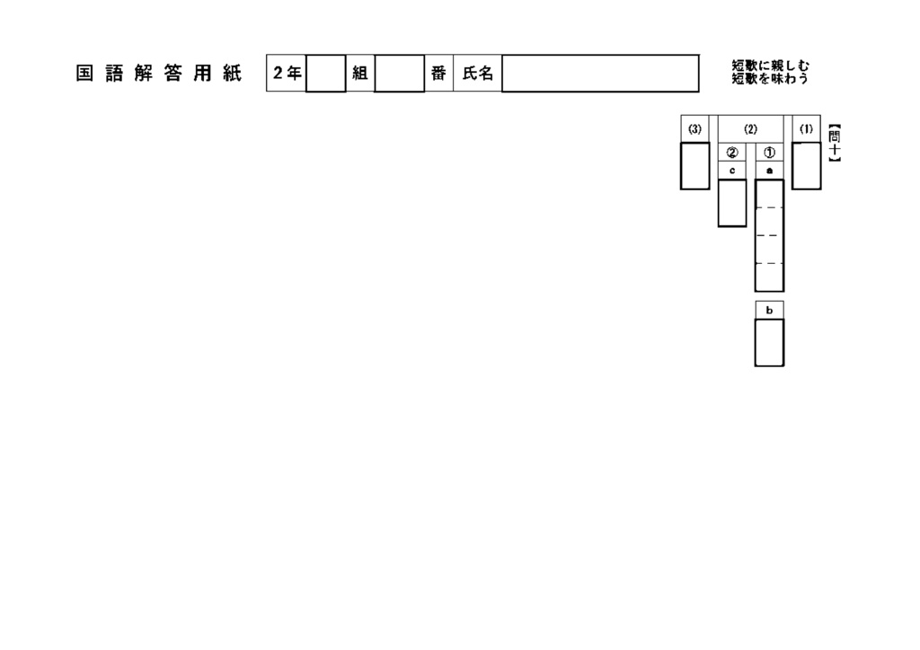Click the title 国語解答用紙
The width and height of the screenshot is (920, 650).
point(158,74)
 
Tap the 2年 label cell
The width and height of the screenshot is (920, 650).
point(287,74)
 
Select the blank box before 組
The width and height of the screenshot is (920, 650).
point(325,74)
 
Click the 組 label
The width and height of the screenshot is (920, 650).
point(359,74)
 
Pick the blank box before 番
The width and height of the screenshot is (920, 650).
point(399,74)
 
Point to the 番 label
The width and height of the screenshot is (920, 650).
point(438,74)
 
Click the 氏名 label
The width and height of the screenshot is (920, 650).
point(478,74)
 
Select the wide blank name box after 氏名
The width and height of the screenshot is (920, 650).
point(600,74)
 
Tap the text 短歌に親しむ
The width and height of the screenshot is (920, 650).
point(770,66)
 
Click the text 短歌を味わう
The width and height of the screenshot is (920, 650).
point(770,78)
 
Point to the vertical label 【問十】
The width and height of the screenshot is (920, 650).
point(835,143)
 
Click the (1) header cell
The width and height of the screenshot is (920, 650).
point(806,129)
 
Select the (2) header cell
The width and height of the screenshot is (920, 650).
point(750,129)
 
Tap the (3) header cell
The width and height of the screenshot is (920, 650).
point(694,129)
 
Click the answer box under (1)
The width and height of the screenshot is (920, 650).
point(806,166)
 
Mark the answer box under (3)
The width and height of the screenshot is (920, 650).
point(694,166)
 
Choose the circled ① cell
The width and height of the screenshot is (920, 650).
point(769,153)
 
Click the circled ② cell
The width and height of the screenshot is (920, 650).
point(732,153)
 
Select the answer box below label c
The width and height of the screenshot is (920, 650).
point(732,203)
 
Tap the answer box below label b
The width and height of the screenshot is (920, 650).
point(769,343)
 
